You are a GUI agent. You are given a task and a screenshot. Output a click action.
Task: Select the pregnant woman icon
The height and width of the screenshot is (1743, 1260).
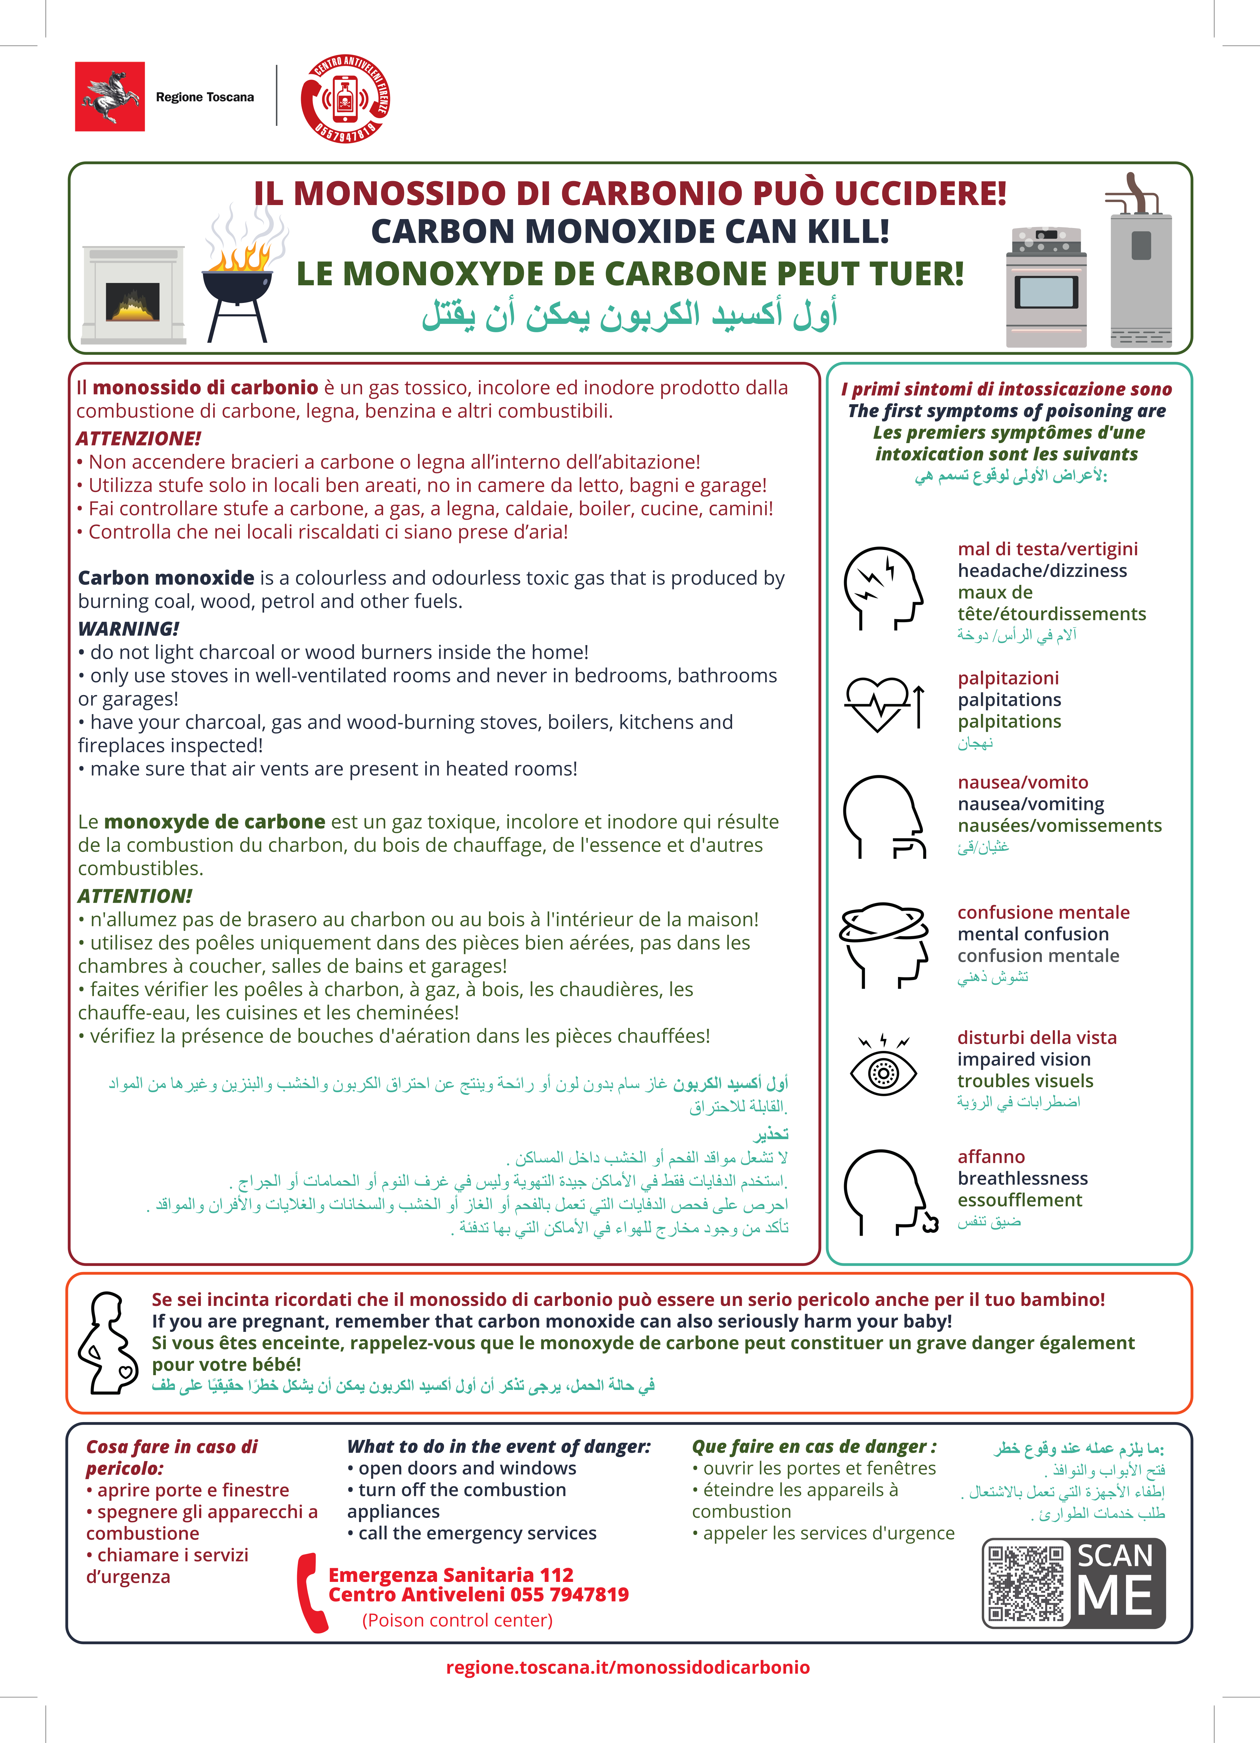click(x=108, y=1343)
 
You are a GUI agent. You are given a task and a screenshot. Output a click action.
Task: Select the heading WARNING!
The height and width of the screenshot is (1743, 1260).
click(x=128, y=628)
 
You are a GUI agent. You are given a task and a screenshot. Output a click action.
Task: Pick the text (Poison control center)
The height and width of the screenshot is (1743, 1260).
click(x=457, y=1620)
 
